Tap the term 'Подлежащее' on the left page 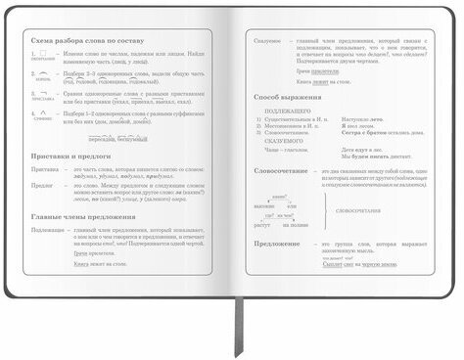pos(48,231)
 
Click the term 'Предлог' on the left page pos(42,183)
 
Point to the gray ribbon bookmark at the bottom pos(236,333)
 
